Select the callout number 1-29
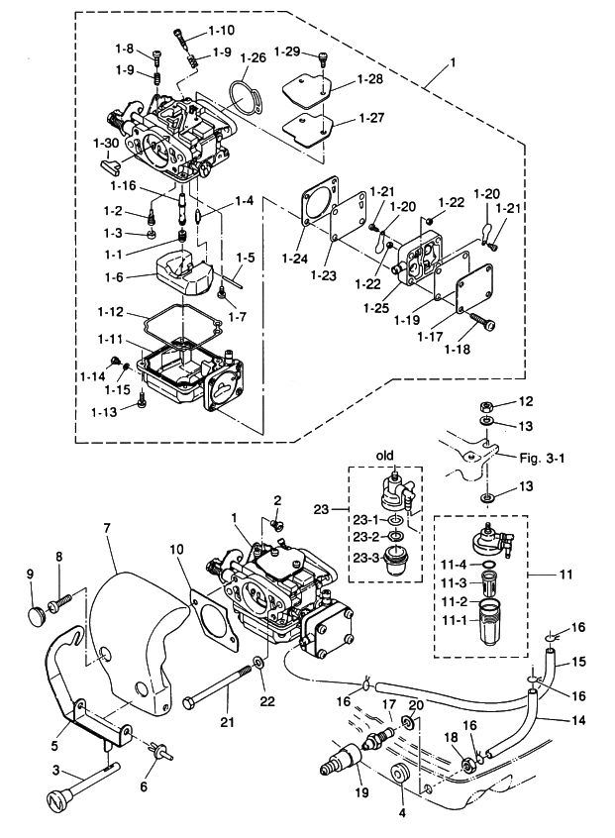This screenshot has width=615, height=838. pos(286,50)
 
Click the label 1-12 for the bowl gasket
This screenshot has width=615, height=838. pos(111,312)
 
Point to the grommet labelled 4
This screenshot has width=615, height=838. pos(401,775)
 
